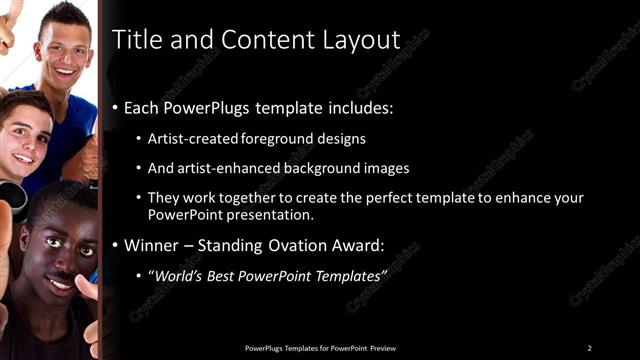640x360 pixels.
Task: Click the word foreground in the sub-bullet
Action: click(x=275, y=139)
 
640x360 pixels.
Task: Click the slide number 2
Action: click(x=590, y=348)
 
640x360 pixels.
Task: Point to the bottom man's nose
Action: click(x=56, y=258)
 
